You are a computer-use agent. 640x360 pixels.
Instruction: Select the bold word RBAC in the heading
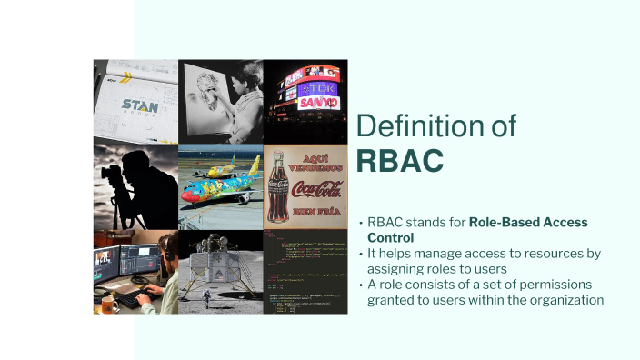(400, 159)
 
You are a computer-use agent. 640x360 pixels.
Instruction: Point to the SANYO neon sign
(318, 103)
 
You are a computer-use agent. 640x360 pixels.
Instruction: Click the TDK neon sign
(318, 89)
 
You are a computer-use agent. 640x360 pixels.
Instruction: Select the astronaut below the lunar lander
(206, 297)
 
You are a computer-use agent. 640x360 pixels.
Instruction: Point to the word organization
(563, 300)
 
